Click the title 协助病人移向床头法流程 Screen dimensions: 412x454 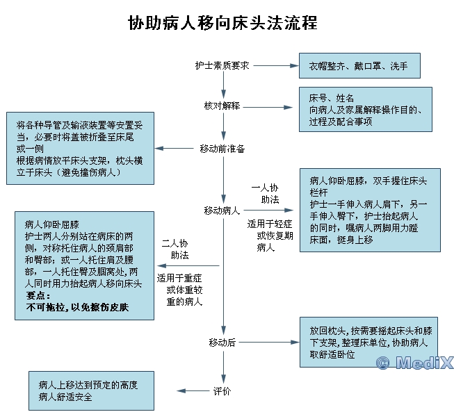[222, 23]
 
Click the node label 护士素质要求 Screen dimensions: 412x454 [222, 65]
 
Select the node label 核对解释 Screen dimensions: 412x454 [222, 106]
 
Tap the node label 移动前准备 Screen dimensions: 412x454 [222, 148]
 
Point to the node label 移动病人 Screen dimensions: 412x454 [222, 211]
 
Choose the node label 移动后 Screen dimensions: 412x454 [222, 343]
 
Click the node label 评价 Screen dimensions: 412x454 [222, 391]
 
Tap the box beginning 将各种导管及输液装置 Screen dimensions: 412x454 [80, 148]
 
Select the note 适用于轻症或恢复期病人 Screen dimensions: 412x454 [270, 236]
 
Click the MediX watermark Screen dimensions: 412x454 [414, 363]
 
